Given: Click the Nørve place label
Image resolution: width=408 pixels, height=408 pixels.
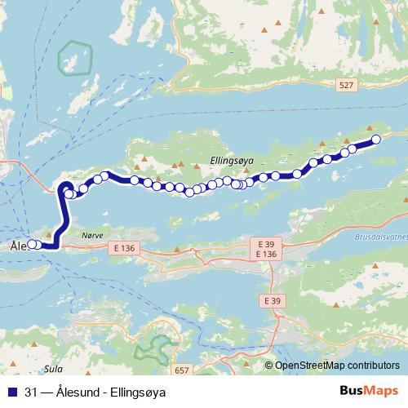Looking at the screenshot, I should click(x=93, y=233).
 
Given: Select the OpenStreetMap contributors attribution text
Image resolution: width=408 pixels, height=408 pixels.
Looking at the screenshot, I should click(x=338, y=365).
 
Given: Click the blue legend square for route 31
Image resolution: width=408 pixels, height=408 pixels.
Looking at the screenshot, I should click(x=11, y=391).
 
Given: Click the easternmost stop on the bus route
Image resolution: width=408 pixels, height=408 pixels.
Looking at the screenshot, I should click(x=377, y=140).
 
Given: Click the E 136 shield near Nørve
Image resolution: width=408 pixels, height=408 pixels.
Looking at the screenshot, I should click(x=125, y=247).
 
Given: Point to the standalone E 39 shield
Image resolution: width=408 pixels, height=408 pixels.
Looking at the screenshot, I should click(x=276, y=301).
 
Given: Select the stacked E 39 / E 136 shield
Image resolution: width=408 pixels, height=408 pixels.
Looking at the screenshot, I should click(x=266, y=249).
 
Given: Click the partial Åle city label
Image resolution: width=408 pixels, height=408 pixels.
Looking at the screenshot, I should click(x=17, y=245).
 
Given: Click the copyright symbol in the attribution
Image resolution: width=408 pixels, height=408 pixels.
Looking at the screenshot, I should click(x=268, y=365).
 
